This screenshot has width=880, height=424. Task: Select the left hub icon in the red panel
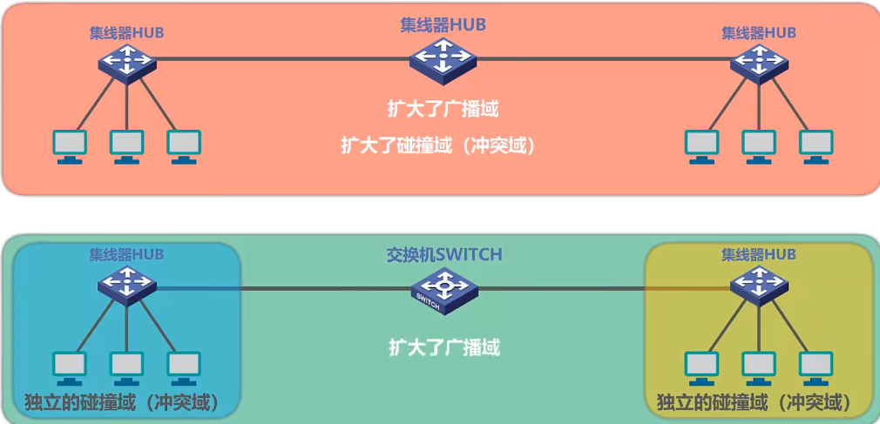click(x=126, y=64)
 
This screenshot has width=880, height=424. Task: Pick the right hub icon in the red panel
click(x=759, y=64)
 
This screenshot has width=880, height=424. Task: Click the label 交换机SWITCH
click(x=444, y=255)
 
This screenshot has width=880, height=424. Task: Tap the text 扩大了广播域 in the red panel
click(x=443, y=111)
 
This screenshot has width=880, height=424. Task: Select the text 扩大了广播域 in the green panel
click(x=444, y=348)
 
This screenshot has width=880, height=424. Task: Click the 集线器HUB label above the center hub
click(x=443, y=25)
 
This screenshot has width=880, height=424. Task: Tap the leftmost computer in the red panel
click(x=70, y=146)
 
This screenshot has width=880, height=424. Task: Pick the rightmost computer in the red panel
click(x=816, y=146)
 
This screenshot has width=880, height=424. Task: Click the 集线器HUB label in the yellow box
click(x=758, y=254)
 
